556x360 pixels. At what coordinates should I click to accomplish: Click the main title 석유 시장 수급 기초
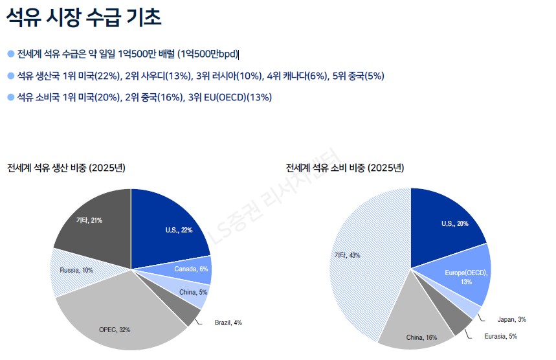84,17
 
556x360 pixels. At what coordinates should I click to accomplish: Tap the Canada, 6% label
191,269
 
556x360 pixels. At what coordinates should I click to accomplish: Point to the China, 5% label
193,293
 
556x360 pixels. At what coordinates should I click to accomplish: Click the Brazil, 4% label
228,322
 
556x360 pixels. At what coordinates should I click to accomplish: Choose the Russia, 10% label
76,269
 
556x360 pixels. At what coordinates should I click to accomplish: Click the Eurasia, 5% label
500,336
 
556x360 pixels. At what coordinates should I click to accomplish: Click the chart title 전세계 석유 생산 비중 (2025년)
66,168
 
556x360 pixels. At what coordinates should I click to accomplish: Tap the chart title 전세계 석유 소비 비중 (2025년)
345,168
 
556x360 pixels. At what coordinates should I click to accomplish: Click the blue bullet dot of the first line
10,54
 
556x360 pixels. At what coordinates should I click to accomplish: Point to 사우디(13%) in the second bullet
170,76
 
